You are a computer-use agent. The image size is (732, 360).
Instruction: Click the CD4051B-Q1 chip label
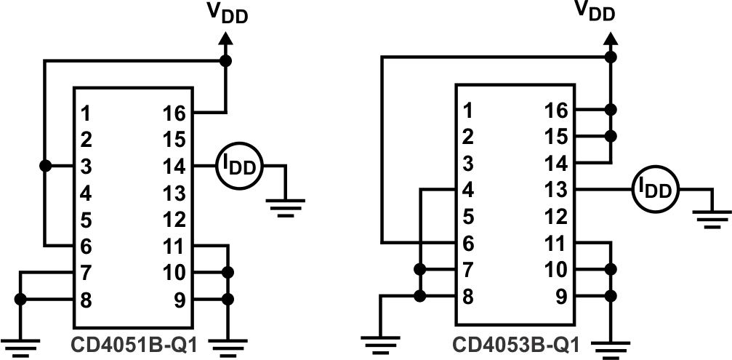133,343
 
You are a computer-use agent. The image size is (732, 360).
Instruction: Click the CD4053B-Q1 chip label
515,343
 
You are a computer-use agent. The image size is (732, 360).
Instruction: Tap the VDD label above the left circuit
225,12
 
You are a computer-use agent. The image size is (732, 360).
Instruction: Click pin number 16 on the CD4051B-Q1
174,113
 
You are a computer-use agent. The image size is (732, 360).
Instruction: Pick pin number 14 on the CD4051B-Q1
174,167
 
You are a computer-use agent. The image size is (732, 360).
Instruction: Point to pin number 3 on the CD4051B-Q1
86,167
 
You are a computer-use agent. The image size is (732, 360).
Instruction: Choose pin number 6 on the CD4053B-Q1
468,243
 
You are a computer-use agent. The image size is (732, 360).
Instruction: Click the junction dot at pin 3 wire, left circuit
45,167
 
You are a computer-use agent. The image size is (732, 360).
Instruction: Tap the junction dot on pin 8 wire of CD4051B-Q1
21,299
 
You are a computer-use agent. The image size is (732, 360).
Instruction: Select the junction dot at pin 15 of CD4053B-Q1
611,136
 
